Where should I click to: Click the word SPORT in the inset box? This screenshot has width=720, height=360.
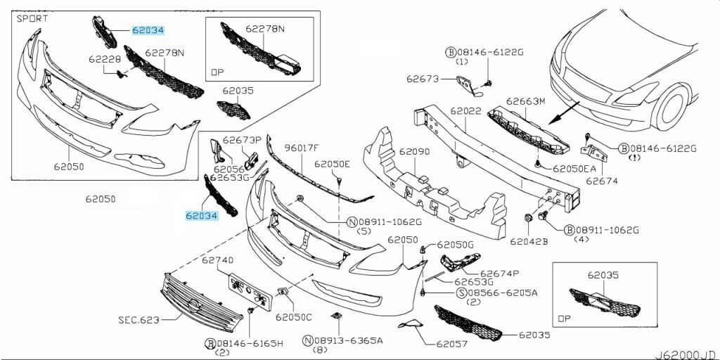pos(32,19)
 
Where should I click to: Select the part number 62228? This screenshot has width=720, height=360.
pos(105,59)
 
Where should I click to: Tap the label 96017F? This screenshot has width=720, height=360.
pos(301,148)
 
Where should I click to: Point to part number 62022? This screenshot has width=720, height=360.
pos(465,111)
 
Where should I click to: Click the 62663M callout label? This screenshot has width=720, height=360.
pos(526,101)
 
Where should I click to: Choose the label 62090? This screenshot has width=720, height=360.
pos(414,151)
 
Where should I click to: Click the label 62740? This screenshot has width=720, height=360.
pos(218,260)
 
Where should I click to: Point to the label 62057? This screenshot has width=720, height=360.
pos(452,343)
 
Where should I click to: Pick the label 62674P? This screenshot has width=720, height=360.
pos(500,274)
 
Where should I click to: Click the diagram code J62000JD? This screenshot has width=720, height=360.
pos(686,354)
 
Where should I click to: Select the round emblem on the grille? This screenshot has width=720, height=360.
pos(195,307)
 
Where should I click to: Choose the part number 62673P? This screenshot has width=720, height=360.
pos(242,139)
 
